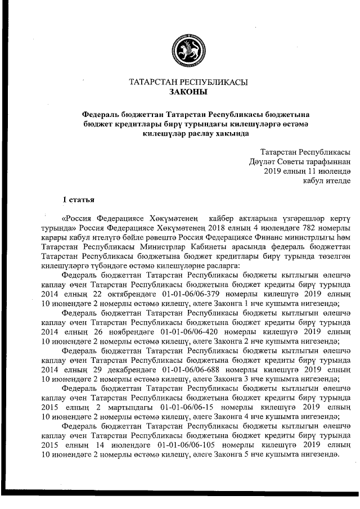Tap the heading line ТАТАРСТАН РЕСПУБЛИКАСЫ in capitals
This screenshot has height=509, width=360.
188,82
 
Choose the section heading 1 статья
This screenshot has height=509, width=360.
78,200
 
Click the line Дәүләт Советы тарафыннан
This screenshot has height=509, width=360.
300,161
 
